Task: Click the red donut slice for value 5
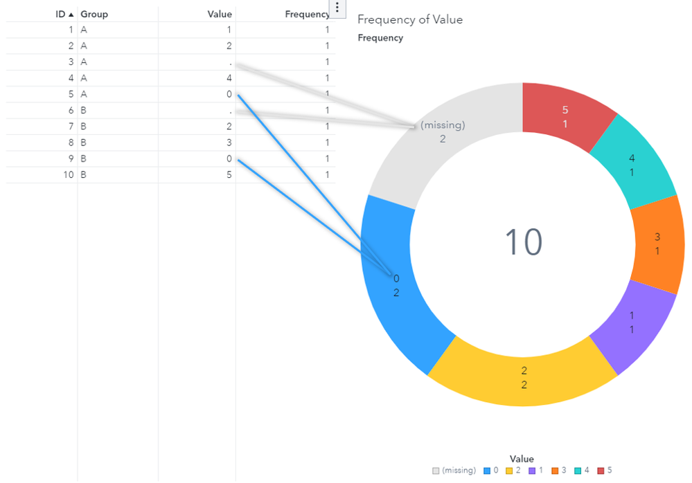point(565,117)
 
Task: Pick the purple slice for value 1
point(632,322)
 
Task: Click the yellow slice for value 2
point(523,378)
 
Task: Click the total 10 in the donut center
point(523,243)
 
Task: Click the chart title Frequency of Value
point(410,20)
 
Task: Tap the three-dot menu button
point(337,8)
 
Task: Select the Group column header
point(94,14)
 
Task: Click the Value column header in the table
point(220,14)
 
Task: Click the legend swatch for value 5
point(600,471)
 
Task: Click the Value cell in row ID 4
point(229,78)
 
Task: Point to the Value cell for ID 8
point(229,143)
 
